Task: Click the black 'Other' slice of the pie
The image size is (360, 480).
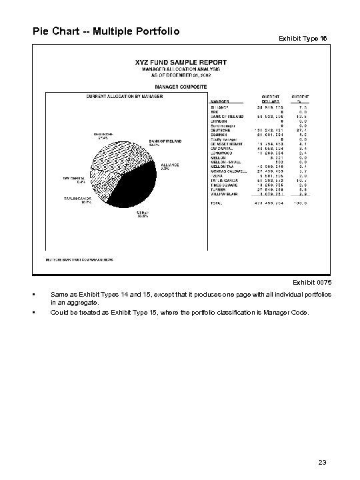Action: point(137,187)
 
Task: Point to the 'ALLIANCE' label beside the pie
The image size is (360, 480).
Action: point(169,166)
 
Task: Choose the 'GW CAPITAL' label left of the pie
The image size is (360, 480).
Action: point(74,179)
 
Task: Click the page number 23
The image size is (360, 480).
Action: point(323,461)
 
